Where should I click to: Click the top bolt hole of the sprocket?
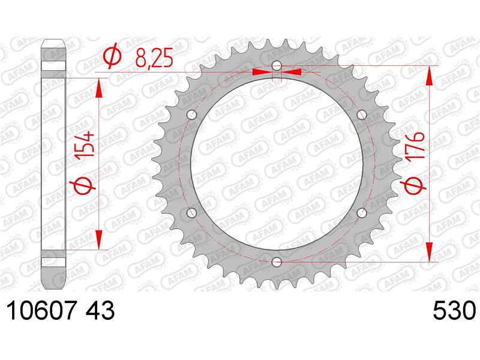[276, 65]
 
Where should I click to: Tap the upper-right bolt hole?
[361, 114]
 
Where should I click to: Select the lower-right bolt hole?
[361, 212]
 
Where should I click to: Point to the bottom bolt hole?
[276, 262]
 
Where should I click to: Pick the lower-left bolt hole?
[191, 212]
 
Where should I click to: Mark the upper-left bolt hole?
[191, 114]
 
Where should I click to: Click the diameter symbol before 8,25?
[112, 58]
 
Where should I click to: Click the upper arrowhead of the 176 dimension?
[430, 75]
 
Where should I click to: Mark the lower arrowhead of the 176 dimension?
[430, 252]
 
